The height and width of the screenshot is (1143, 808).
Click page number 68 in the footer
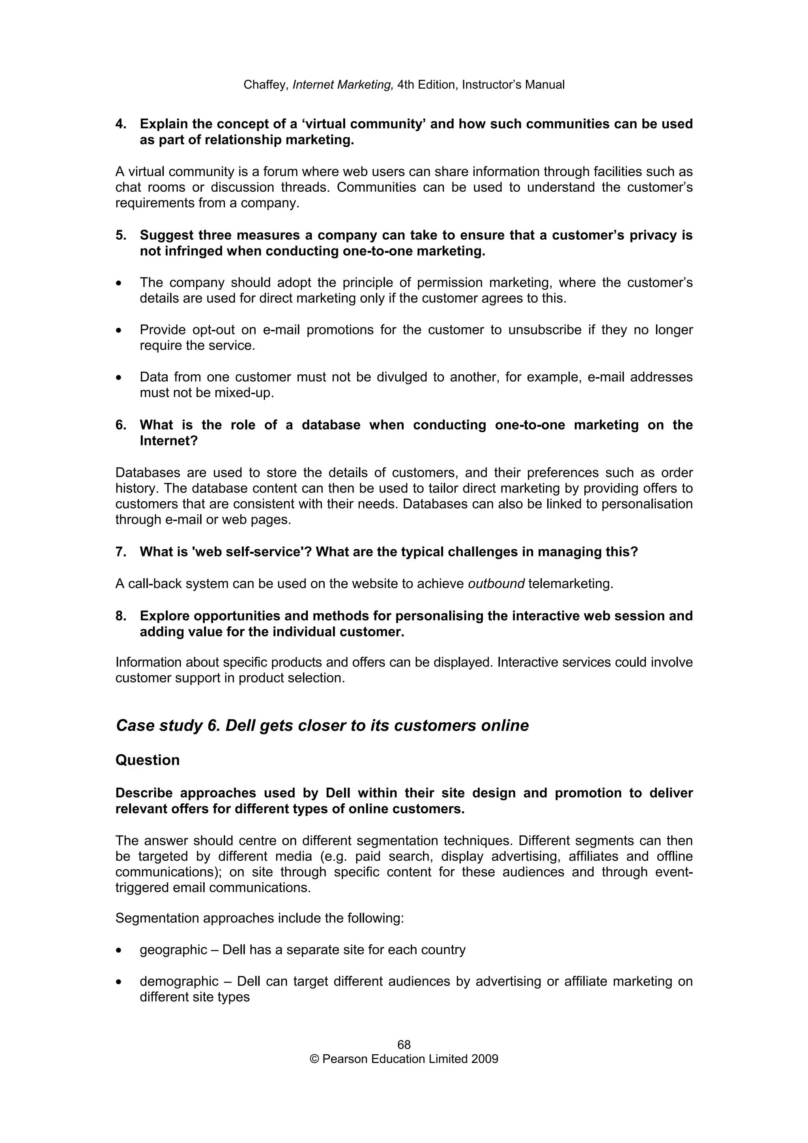click(x=404, y=1044)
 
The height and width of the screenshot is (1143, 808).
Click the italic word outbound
click(x=496, y=584)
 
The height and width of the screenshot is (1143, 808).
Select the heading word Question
click(x=148, y=760)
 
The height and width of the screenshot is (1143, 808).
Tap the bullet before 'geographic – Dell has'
click(x=118, y=951)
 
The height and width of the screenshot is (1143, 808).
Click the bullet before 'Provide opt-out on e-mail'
click(x=118, y=331)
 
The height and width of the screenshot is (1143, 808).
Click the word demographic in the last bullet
click(x=179, y=982)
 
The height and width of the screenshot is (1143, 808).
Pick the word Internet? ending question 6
click(x=168, y=441)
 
